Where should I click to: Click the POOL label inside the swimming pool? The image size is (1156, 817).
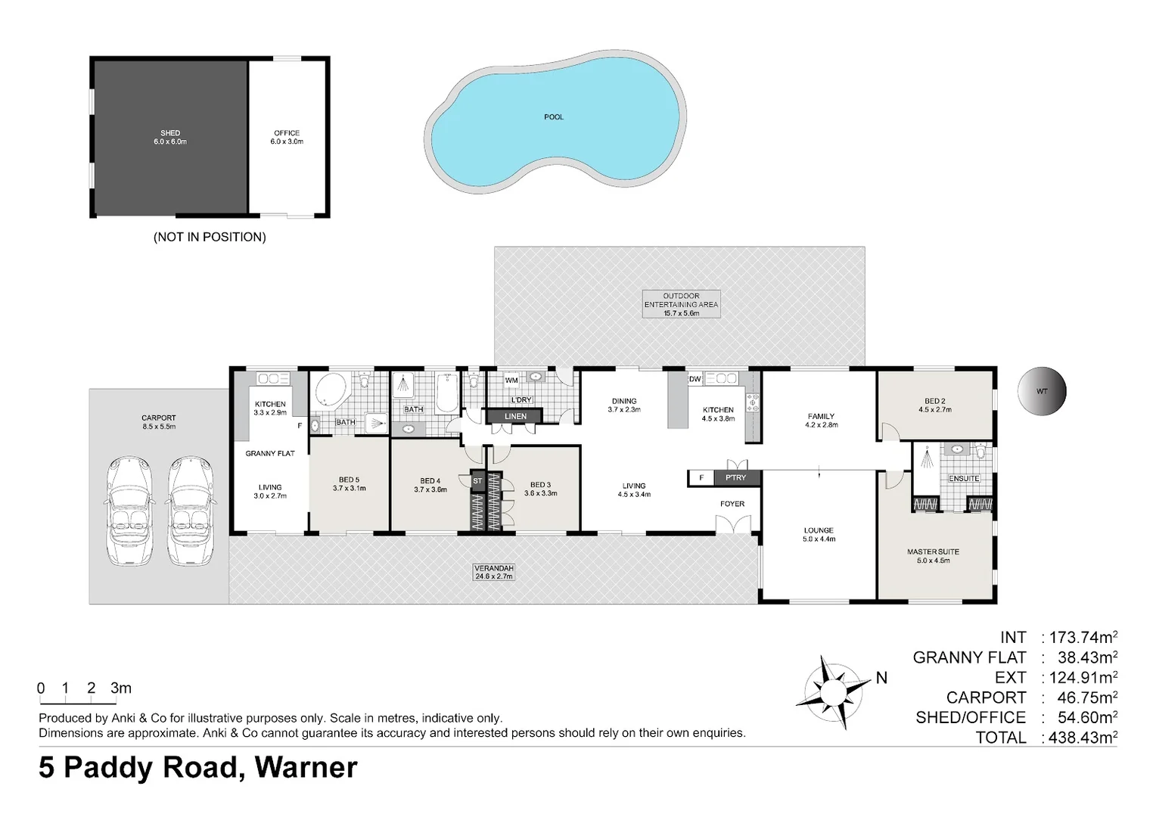coord(554,117)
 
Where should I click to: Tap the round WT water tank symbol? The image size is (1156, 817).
coord(1042,392)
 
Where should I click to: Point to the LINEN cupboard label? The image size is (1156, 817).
coord(515,416)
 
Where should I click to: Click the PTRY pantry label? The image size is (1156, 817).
coord(735,477)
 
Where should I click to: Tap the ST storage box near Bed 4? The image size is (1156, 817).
coord(477,481)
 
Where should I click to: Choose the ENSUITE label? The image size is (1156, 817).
coord(963,478)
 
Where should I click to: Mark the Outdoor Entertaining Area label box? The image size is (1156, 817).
coord(681,304)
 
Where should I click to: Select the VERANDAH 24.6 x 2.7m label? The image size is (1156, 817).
coord(493,572)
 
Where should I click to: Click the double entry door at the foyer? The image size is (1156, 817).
coord(732,525)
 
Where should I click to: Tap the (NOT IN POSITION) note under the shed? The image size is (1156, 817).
coord(210,237)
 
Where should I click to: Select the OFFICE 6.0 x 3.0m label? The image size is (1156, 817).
coord(287,137)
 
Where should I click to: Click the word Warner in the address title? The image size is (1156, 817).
coord(306,767)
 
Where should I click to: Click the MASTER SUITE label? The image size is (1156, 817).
coord(933,556)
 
